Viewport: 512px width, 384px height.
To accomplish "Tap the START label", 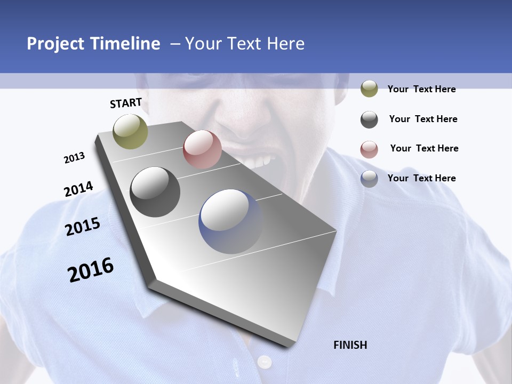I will click(126, 103).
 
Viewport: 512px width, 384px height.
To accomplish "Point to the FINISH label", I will click(350, 345).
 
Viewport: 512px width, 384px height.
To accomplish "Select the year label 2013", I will click(74, 158).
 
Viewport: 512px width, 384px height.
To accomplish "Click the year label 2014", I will click(78, 189).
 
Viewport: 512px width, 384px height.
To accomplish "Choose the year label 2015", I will click(83, 227).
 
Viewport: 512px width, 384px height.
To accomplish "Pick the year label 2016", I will click(91, 270).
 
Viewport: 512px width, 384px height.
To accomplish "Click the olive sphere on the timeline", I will click(131, 131).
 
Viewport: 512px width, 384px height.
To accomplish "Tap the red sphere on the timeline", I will click(202, 149).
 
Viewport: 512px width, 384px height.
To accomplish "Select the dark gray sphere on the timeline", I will click(155, 192).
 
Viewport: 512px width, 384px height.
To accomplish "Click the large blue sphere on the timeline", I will click(231, 221).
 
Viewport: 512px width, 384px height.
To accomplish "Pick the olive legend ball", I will click(369, 89).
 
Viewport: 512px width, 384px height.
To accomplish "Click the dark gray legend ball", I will click(369, 119).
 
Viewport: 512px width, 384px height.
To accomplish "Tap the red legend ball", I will click(369, 149).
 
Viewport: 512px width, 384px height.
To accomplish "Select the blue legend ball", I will click(369, 179).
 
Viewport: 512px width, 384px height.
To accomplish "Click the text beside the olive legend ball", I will click(421, 89).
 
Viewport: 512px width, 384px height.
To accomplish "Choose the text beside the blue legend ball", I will click(421, 178).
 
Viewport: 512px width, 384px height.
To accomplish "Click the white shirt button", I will click(265, 362).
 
